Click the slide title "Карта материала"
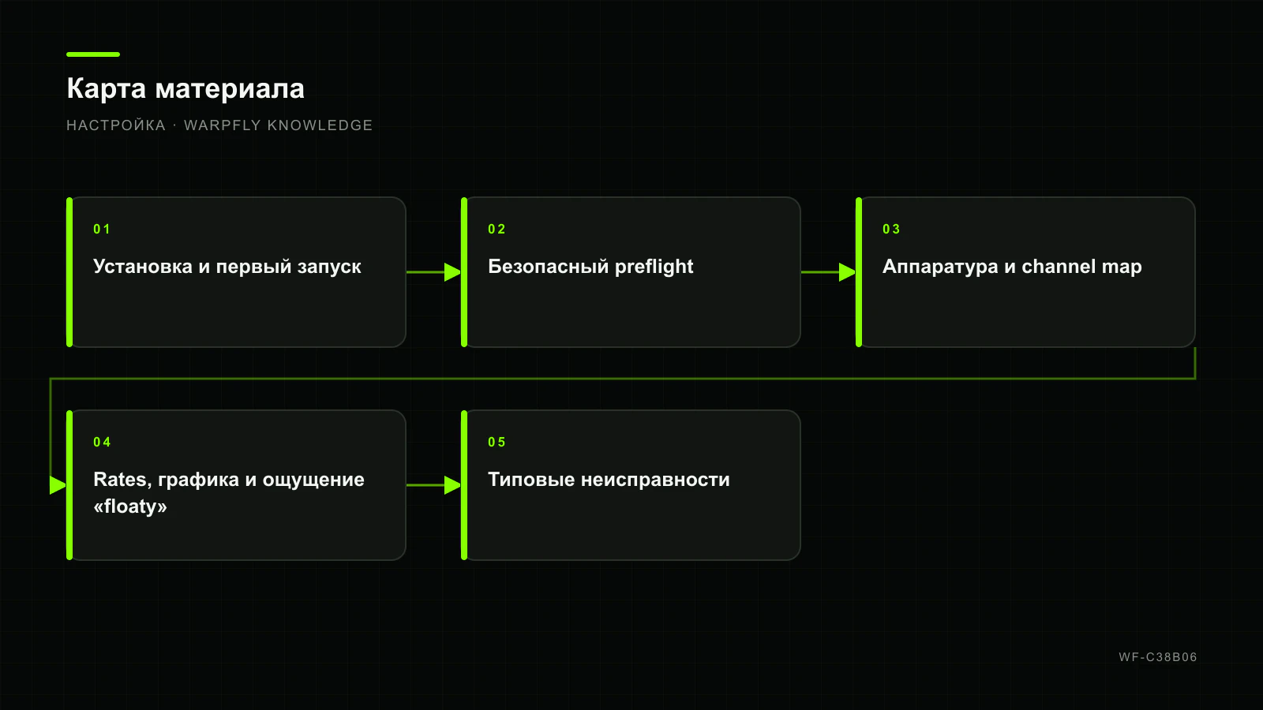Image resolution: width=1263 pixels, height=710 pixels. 186,89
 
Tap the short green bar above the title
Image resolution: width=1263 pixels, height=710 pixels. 93,54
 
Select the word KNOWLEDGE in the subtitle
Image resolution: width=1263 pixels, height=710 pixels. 320,125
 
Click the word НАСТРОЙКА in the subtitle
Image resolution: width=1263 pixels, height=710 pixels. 116,125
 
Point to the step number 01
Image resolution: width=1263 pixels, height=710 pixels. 102,230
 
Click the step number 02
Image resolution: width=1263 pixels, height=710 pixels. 497,230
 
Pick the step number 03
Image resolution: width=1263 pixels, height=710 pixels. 891,230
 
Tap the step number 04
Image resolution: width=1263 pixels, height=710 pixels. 102,443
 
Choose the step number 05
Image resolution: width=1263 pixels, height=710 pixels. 497,443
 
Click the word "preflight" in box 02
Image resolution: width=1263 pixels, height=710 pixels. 654,267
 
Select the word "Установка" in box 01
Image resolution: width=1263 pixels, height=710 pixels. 143,267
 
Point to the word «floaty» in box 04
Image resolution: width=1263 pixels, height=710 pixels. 130,506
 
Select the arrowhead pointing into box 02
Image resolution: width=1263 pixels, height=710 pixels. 453,272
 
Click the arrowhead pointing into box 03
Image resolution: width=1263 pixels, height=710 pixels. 848,272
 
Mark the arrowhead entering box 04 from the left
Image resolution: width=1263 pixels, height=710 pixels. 58,485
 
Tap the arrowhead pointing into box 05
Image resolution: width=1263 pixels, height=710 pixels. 453,485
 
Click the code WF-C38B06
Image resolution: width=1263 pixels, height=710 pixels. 1158,657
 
